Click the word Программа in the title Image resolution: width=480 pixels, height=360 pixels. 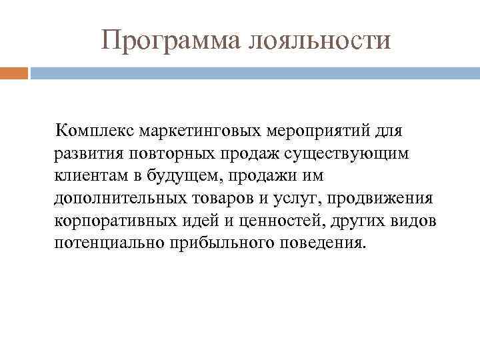[x=171, y=40]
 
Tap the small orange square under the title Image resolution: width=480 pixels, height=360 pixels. [x=14, y=73]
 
